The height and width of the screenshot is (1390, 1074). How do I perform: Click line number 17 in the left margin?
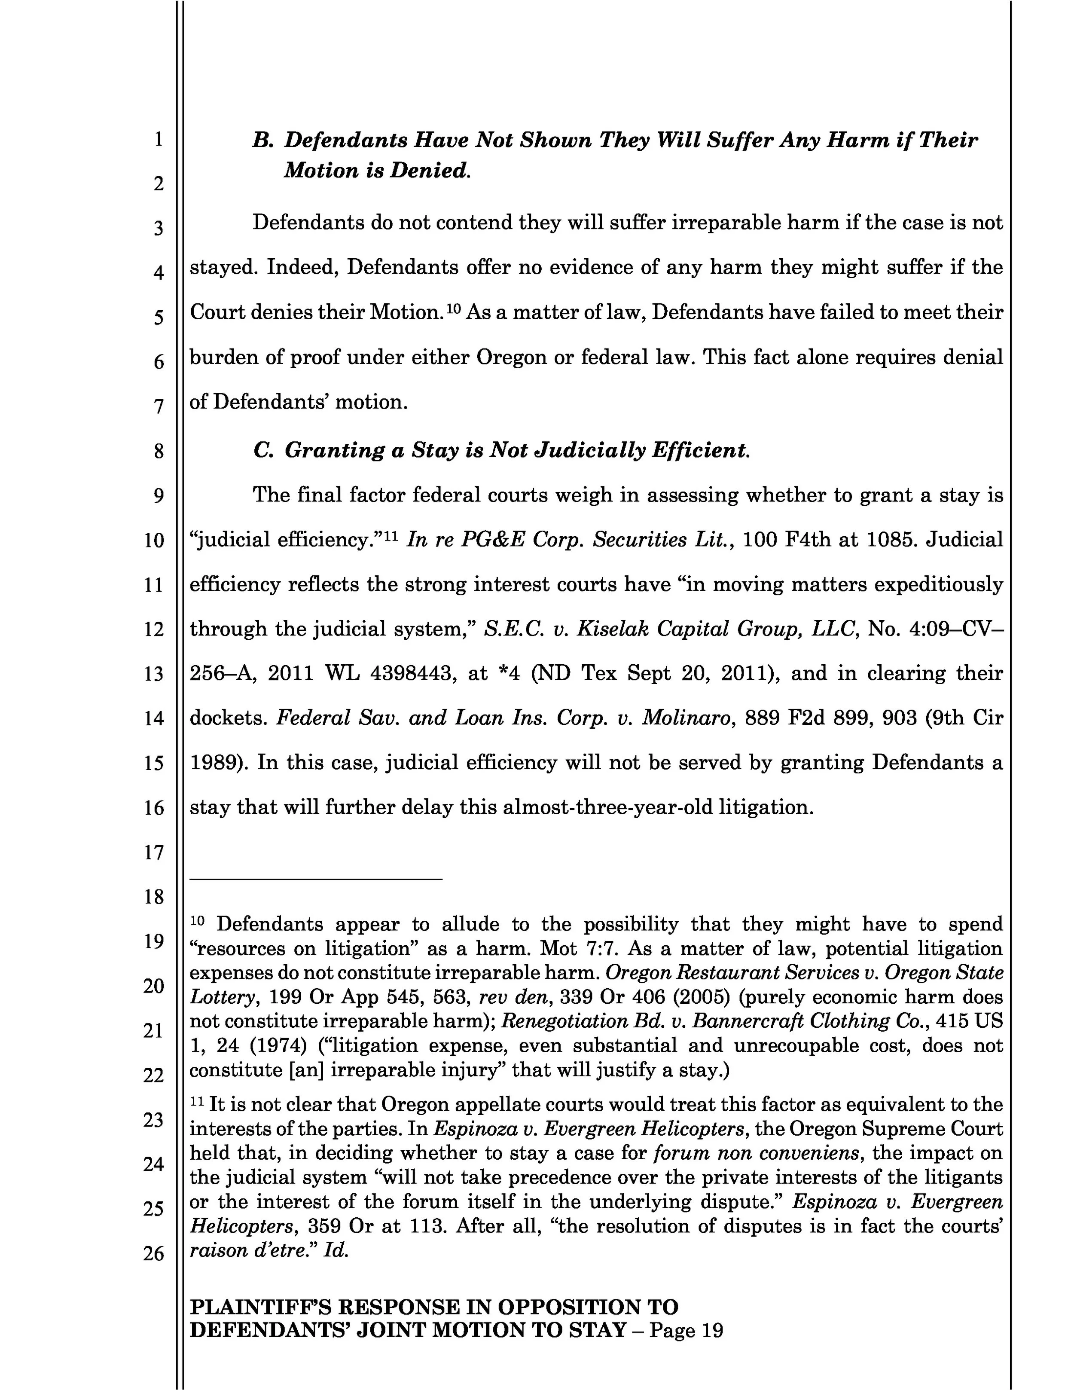(x=154, y=852)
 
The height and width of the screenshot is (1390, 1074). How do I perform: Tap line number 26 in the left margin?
(x=154, y=1253)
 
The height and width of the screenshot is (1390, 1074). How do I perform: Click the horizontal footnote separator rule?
(x=316, y=879)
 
